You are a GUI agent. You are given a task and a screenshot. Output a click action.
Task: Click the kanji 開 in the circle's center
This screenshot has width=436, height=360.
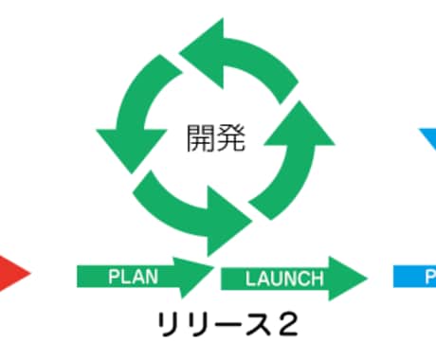click(201, 138)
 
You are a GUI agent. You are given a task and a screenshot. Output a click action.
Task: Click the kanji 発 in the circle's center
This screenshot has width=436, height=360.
click(231, 138)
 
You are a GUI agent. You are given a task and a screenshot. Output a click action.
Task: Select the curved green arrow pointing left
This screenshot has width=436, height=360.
click(240, 59)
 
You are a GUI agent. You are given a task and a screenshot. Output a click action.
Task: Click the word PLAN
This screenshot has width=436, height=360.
click(133, 277)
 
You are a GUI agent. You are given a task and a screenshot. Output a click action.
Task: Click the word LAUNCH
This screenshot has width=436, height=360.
click(284, 279)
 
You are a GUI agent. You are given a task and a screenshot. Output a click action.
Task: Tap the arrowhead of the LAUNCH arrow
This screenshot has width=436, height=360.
click(348, 279)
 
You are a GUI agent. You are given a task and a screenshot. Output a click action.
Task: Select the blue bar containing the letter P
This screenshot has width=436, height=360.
click(414, 277)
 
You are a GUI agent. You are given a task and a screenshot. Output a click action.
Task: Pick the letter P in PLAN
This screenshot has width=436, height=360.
click(115, 277)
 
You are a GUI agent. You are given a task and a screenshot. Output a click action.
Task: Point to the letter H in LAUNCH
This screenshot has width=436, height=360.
click(318, 279)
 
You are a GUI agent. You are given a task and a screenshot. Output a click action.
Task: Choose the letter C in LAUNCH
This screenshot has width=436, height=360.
click(305, 279)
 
